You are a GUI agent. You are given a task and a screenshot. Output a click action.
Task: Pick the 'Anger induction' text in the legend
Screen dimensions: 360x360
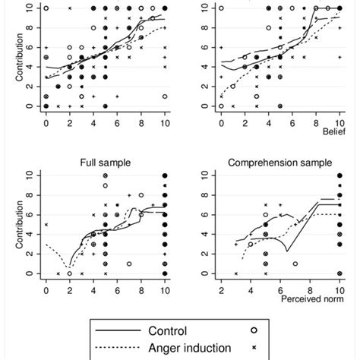click(x=191, y=347)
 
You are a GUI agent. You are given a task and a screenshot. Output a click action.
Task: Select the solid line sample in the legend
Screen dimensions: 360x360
click(x=118, y=331)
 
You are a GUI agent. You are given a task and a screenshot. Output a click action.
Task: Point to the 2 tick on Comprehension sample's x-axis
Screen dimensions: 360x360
click(x=221, y=289)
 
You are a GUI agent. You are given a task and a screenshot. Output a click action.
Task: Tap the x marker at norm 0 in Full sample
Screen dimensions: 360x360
click(x=46, y=225)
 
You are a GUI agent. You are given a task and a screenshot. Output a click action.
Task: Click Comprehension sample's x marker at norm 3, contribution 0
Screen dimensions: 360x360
click(x=235, y=273)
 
